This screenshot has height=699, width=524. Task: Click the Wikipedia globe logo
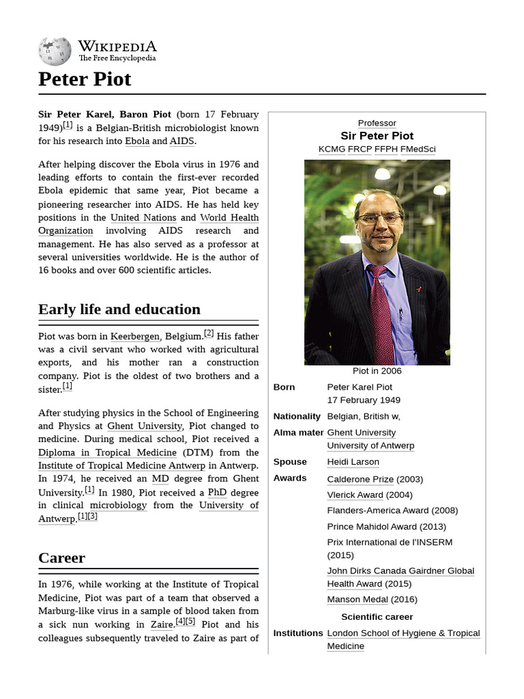pyautogui.click(x=55, y=51)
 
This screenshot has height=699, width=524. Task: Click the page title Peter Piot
pyautogui.click(x=85, y=79)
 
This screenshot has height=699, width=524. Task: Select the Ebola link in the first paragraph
pyautogui.click(x=137, y=141)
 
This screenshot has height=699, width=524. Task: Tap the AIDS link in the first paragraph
pyautogui.click(x=181, y=141)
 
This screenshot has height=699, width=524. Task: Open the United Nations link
pyautogui.click(x=143, y=218)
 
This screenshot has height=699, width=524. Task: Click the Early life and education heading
pyautogui.click(x=119, y=309)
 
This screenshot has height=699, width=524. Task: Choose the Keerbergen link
pyautogui.click(x=135, y=336)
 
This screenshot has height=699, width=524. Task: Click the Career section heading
pyautogui.click(x=61, y=558)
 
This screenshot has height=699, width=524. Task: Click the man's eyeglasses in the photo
pyautogui.click(x=379, y=219)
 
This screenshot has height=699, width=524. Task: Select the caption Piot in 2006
pyautogui.click(x=377, y=371)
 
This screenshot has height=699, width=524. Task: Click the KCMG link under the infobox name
pyautogui.click(x=332, y=149)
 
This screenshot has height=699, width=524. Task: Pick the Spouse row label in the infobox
pyautogui.click(x=290, y=461)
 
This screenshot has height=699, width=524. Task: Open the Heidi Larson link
pyautogui.click(x=353, y=461)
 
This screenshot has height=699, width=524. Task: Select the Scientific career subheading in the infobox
pyautogui.click(x=377, y=616)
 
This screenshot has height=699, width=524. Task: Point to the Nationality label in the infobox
pyautogui.click(x=297, y=416)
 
